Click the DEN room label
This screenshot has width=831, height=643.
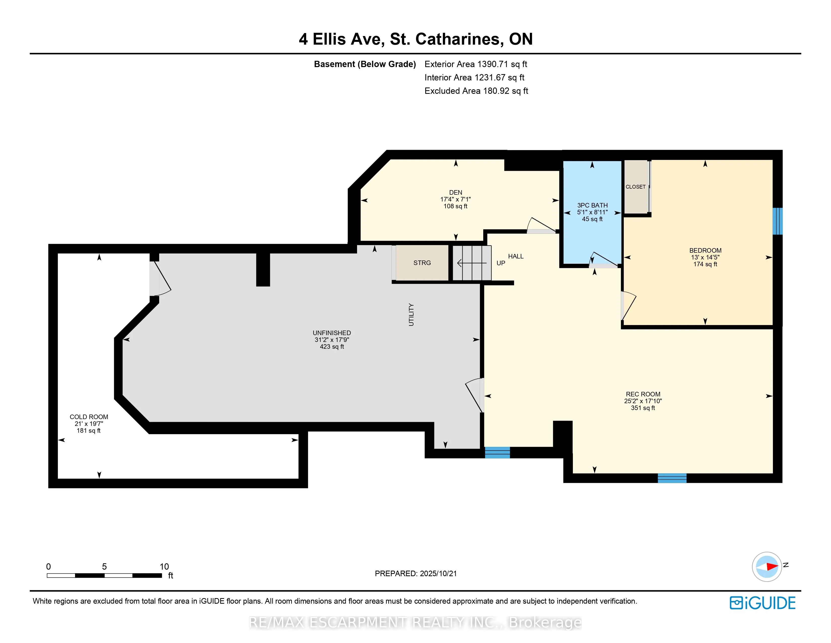tap(456, 192)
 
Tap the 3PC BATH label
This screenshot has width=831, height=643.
tap(593, 205)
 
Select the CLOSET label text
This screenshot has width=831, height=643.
tap(635, 187)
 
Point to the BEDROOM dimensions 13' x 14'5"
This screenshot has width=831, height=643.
tap(705, 257)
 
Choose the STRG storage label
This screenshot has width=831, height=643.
tap(422, 263)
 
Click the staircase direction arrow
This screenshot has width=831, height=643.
tap(472, 263)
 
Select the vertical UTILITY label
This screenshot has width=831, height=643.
tap(411, 315)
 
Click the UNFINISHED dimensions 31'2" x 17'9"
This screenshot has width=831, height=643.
tap(332, 340)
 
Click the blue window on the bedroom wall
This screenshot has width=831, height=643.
tap(777, 221)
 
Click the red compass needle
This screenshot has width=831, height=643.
tap(772, 566)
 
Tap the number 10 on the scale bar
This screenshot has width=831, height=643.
tap(164, 566)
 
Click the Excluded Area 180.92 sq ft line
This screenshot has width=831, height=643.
tap(476, 91)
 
